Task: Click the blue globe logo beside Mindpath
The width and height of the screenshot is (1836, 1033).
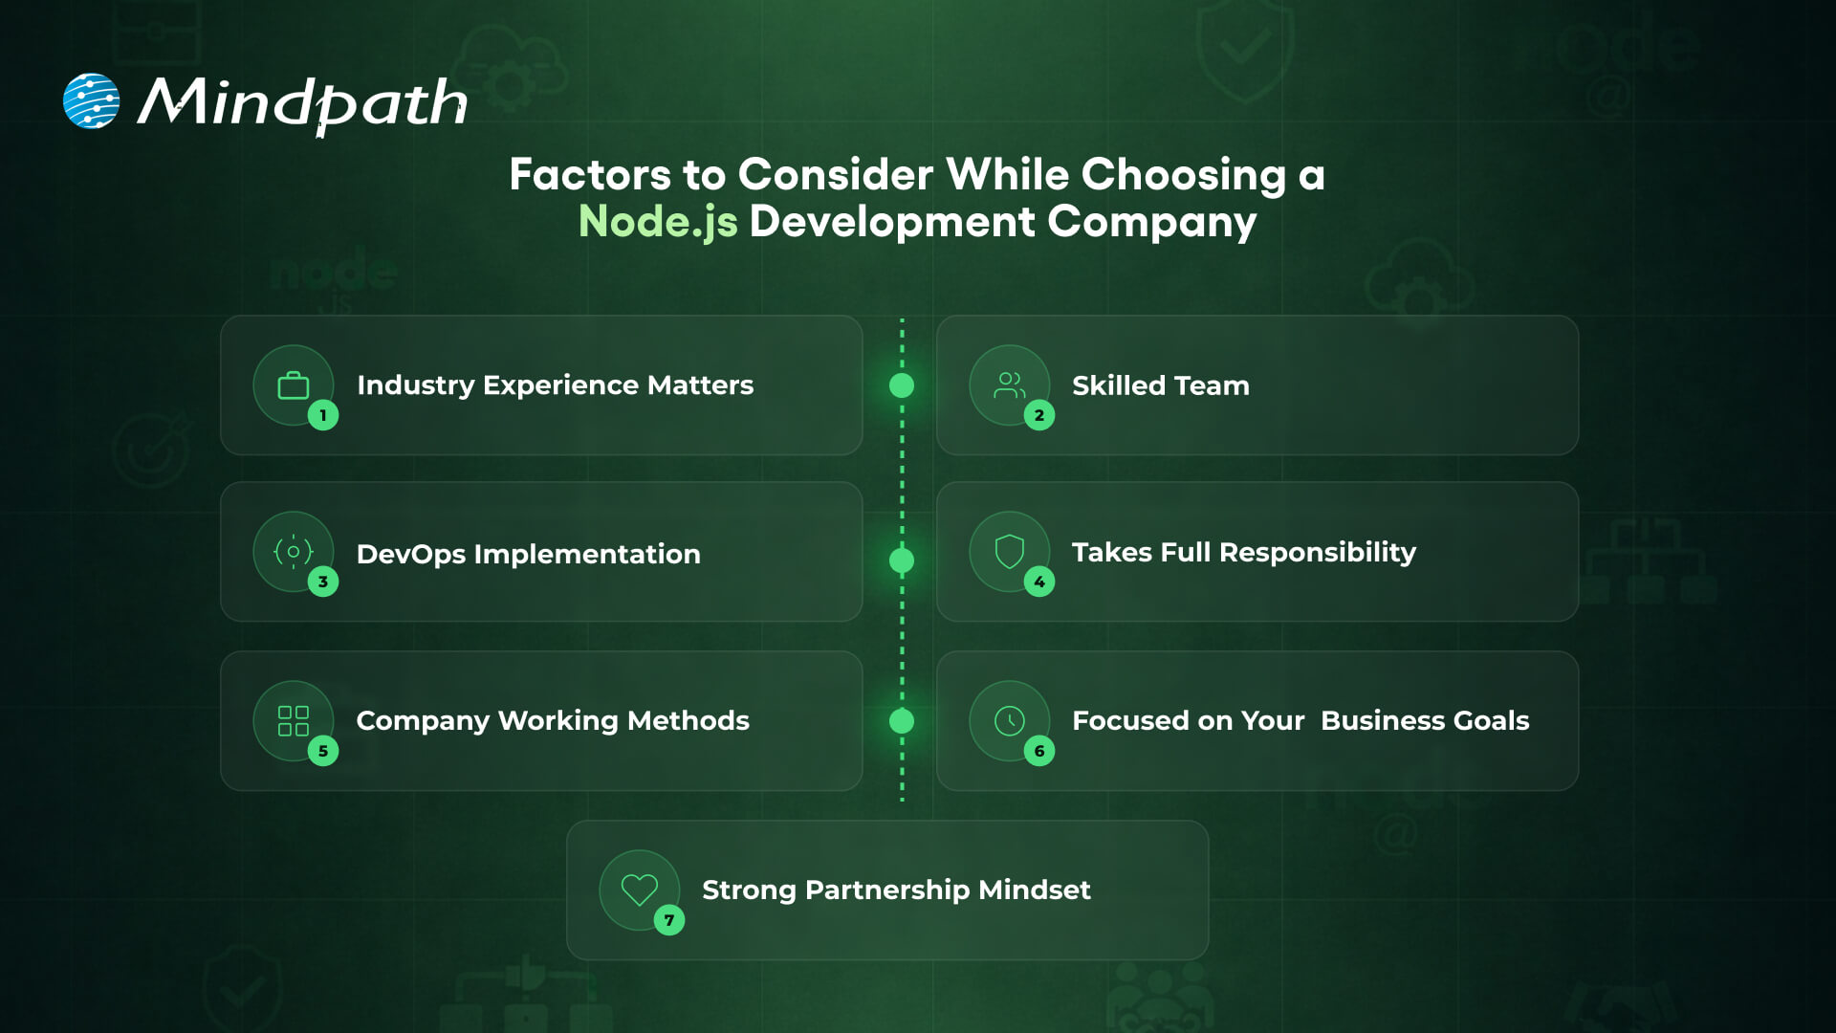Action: click(91, 100)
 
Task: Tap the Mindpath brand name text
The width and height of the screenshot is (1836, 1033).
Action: click(302, 102)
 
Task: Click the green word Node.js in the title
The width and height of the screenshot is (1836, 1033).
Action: click(658, 222)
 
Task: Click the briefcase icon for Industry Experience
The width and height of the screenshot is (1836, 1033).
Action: click(294, 386)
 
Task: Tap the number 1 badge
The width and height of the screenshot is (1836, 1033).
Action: click(323, 415)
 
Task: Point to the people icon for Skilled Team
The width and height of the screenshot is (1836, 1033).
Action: click(1010, 385)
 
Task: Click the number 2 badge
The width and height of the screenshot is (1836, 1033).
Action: click(1039, 415)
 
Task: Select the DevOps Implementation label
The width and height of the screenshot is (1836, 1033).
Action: click(528, 554)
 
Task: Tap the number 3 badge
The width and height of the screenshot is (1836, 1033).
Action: click(323, 582)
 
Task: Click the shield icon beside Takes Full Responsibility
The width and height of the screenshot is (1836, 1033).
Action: click(1010, 552)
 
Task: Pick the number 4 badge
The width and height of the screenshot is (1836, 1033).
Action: click(1039, 582)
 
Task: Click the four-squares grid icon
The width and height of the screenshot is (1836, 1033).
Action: click(294, 721)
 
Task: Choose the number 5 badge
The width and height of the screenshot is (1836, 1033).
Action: click(323, 751)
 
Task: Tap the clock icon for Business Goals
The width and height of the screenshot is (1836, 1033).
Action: click(1010, 721)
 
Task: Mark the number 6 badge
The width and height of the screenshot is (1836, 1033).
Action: click(1039, 751)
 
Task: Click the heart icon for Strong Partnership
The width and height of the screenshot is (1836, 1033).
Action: click(640, 890)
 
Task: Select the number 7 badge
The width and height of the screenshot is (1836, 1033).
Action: click(669, 920)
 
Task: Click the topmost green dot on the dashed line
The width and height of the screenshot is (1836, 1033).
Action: click(902, 385)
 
